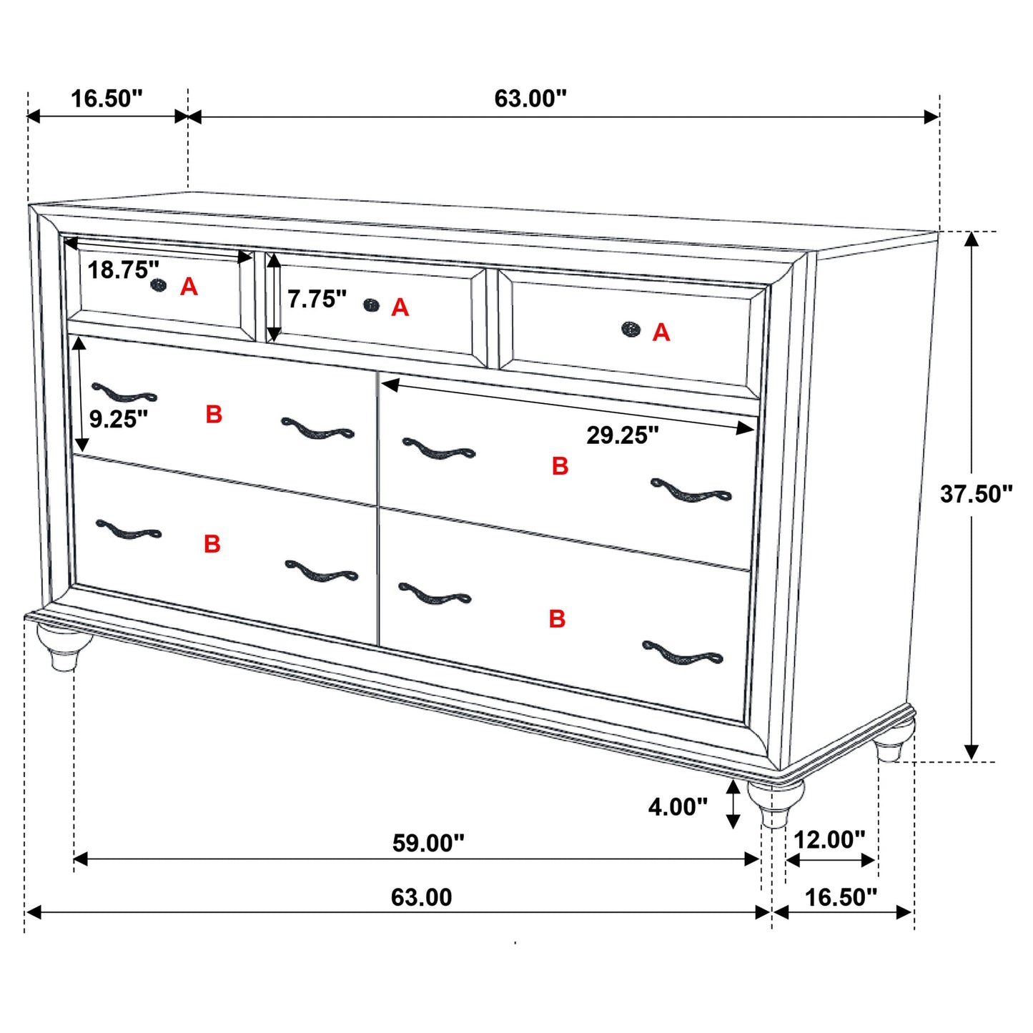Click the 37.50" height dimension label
[976, 493]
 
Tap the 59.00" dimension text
[428, 843]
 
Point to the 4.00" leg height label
[678, 807]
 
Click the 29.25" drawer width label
[623, 435]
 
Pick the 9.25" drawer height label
[119, 419]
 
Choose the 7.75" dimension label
[317, 299]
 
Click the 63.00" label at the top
[530, 99]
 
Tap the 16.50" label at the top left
[107, 99]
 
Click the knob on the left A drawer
[159, 285]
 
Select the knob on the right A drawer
[631, 329]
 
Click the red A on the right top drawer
[661, 332]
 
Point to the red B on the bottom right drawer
[558, 618]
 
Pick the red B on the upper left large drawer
[214, 415]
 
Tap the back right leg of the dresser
[894, 743]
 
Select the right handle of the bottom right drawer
[683, 653]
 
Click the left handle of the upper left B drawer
[124, 392]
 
